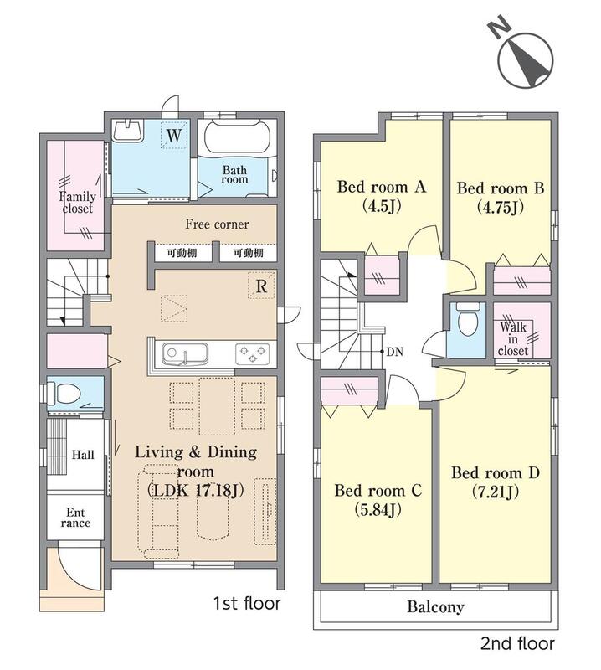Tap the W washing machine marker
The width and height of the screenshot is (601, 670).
click(x=174, y=136)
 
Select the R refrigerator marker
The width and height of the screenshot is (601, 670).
click(x=261, y=286)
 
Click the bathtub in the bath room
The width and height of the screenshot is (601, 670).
click(x=237, y=137)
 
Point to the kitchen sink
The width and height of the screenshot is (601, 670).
click(x=184, y=354)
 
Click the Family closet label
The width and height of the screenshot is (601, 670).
click(x=77, y=203)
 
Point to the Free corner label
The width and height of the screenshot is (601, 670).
click(x=217, y=224)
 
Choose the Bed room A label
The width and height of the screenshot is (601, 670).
click(x=382, y=187)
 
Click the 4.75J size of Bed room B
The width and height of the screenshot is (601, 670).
click(x=501, y=208)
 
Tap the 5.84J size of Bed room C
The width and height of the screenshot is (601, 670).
click(x=378, y=509)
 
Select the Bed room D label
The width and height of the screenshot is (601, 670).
click(x=496, y=472)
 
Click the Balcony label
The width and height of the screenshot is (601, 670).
click(x=435, y=606)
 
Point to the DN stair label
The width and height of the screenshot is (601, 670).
click(x=395, y=352)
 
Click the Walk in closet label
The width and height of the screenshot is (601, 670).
click(x=513, y=339)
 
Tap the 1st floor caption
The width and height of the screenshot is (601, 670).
click(x=247, y=603)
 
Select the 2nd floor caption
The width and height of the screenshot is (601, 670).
click(x=517, y=643)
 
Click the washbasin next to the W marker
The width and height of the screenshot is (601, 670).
click(x=128, y=131)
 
